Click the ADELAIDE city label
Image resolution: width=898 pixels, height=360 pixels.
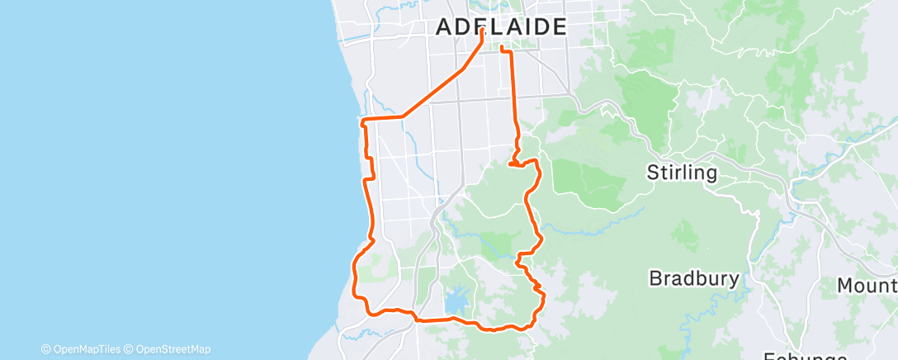(x=501, y=26)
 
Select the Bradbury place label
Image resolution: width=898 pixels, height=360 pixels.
(x=693, y=277)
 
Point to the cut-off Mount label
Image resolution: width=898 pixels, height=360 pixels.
(x=867, y=286)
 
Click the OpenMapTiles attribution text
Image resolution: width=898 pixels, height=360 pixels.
(x=85, y=349)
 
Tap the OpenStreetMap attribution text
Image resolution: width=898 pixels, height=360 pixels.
(x=172, y=349)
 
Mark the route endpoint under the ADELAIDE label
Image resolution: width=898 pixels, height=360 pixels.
(x=481, y=32)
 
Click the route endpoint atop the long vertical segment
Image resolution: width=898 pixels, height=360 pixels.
(x=502, y=50)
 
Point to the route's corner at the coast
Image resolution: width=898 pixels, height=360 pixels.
(x=363, y=121)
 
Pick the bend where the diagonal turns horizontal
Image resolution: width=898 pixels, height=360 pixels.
(x=404, y=117)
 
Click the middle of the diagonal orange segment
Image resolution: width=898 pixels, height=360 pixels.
(x=442, y=83)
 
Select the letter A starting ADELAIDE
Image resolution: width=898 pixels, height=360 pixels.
(x=443, y=26)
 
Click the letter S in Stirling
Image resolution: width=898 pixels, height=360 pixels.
(x=653, y=173)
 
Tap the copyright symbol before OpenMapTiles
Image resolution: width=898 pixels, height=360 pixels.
(x=45, y=349)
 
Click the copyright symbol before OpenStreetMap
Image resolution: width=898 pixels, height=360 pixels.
(x=129, y=349)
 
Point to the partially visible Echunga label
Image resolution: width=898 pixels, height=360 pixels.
(x=805, y=356)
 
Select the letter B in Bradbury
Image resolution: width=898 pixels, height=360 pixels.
(x=655, y=277)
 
